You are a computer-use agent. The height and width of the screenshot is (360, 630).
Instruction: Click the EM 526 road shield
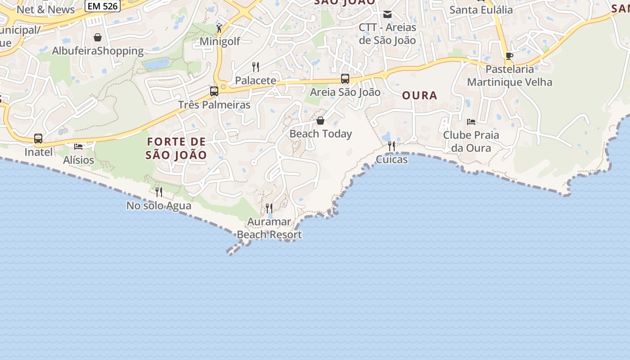(102, 6)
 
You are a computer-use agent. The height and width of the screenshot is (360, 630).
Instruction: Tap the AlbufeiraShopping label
(98, 51)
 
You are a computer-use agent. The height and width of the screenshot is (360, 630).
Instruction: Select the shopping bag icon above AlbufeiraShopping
(98, 37)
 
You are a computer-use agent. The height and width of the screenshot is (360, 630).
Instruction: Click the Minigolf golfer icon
(220, 28)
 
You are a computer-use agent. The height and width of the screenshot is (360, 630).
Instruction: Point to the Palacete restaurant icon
(256, 67)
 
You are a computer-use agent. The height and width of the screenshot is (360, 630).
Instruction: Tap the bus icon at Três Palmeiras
(214, 91)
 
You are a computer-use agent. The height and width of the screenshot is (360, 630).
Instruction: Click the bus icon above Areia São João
(345, 79)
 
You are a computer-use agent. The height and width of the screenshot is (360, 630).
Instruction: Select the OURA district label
(419, 95)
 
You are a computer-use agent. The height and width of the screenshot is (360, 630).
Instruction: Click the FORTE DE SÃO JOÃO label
(176, 148)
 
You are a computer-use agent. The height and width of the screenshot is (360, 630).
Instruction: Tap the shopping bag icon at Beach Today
(320, 121)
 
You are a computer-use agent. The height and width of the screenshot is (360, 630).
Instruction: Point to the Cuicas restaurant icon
(391, 146)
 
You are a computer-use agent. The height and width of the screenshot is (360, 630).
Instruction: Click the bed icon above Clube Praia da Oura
(471, 122)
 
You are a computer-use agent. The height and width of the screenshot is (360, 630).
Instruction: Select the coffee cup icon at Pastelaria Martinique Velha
(509, 56)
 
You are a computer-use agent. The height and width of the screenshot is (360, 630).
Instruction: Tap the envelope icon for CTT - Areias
(387, 14)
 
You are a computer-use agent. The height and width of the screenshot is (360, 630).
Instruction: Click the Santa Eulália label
(481, 9)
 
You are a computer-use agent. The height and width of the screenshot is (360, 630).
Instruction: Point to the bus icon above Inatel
(38, 139)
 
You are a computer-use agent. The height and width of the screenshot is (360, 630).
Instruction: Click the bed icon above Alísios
(78, 147)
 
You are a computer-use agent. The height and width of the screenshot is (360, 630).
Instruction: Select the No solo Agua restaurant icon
(159, 192)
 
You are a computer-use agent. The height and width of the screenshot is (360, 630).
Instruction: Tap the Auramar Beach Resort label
(269, 228)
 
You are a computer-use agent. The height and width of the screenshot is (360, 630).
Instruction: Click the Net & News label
(45, 9)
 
